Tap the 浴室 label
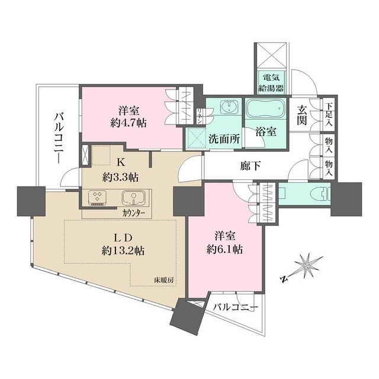pos(265,132)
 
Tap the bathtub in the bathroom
pos(266,110)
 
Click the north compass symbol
pos(305,266)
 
